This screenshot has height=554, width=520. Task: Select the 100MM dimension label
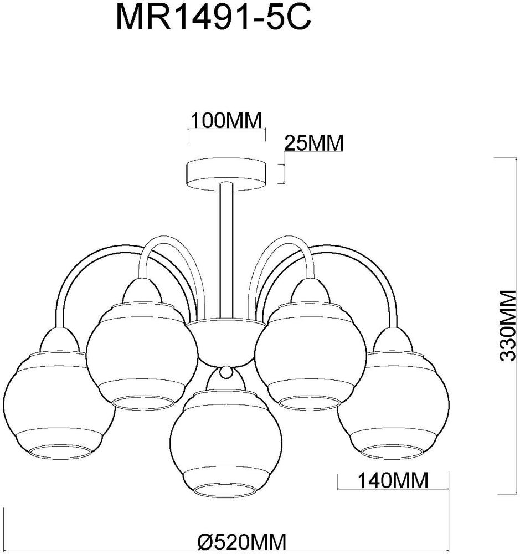coord(225,120)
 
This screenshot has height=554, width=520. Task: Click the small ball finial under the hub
coord(225,373)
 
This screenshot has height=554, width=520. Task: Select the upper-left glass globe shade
coord(141,355)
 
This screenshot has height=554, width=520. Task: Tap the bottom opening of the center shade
coord(225,491)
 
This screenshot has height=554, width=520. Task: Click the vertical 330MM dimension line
coord(494,325)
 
